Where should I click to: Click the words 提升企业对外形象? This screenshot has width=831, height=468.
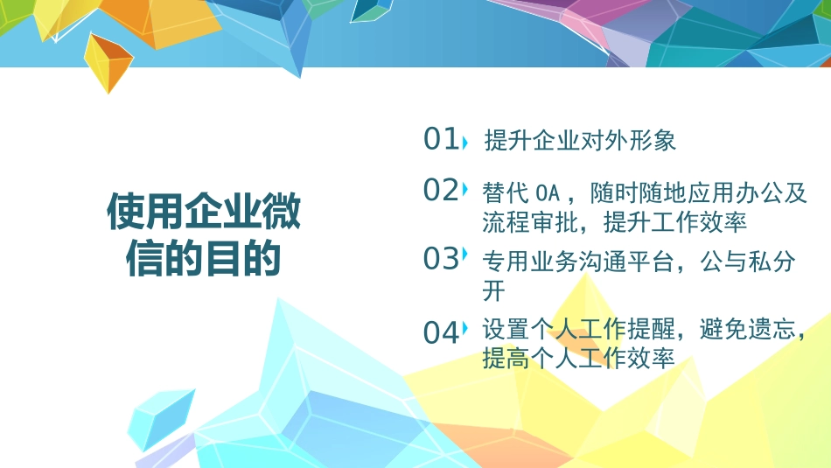tap(580, 140)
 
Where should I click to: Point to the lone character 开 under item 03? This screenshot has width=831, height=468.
tap(493, 290)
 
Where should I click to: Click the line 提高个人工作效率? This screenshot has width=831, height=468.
tap(578, 358)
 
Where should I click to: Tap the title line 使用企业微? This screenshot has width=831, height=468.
tap(203, 213)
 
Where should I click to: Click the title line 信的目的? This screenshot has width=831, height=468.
tap(203, 259)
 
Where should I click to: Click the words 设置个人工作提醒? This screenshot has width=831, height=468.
tap(578, 330)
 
